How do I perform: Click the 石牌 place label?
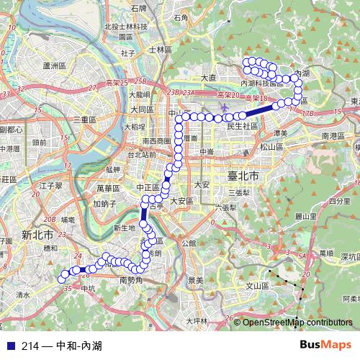click(x=138, y=9)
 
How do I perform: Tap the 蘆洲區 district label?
click(x=55, y=66)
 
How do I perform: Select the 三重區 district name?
click(x=84, y=119)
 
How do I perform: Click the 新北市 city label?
click(x=37, y=235)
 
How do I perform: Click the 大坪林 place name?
click(x=196, y=320)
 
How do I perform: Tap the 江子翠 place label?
click(x=53, y=186)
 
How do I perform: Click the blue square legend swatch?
click(x=8, y=346)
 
